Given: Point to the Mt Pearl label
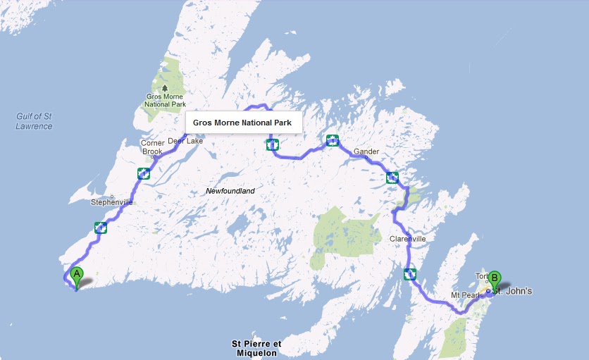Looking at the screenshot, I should point(465,293).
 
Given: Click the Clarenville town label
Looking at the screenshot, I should point(408,239).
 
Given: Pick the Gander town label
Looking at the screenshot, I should point(366,151).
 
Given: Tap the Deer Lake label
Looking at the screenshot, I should point(185,141).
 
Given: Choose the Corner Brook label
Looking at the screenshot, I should point(152,147).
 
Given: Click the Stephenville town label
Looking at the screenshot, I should point(111,202).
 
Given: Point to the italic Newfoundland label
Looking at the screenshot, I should point(230,191).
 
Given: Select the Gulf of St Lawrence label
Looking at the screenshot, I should point(34,120).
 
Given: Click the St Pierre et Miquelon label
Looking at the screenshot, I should point(256,348).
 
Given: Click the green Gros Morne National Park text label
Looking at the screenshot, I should point(166,99).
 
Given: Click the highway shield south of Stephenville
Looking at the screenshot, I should point(100,228).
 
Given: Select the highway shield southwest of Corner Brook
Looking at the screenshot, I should point(144,173).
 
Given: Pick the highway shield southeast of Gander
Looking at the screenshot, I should point(392,178).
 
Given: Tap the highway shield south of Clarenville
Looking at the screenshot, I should point(410,274).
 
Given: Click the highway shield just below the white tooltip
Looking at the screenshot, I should point(272,145).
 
